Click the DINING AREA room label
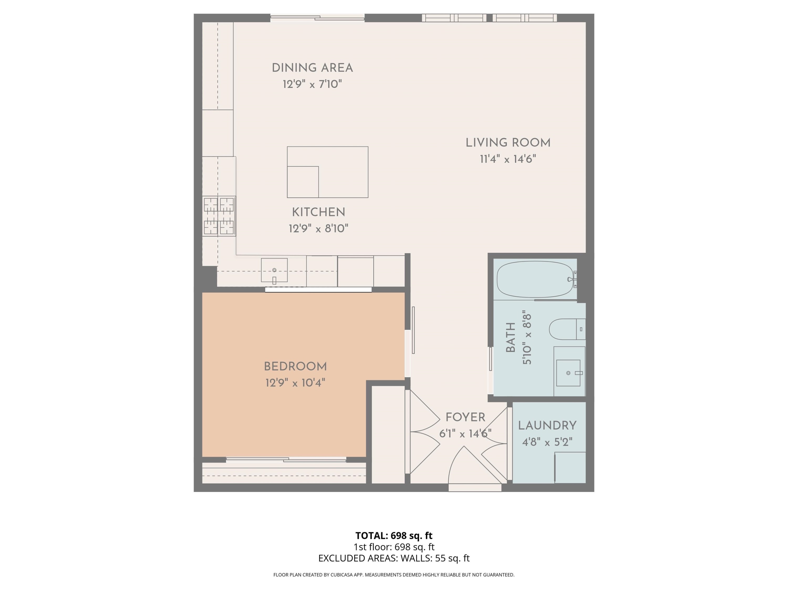point(312,68)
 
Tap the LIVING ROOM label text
point(508,143)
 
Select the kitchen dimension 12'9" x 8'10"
point(318,228)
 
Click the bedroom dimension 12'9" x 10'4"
point(295,383)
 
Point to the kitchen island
point(327,172)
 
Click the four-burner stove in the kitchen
point(219,216)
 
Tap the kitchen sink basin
point(274,270)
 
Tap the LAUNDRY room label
point(547,426)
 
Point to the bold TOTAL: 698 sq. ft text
point(394,535)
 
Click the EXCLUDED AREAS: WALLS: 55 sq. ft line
point(394,558)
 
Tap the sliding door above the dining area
point(317,18)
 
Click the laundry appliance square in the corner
point(570,467)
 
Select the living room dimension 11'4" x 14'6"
point(508,159)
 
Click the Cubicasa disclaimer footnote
point(394,575)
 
